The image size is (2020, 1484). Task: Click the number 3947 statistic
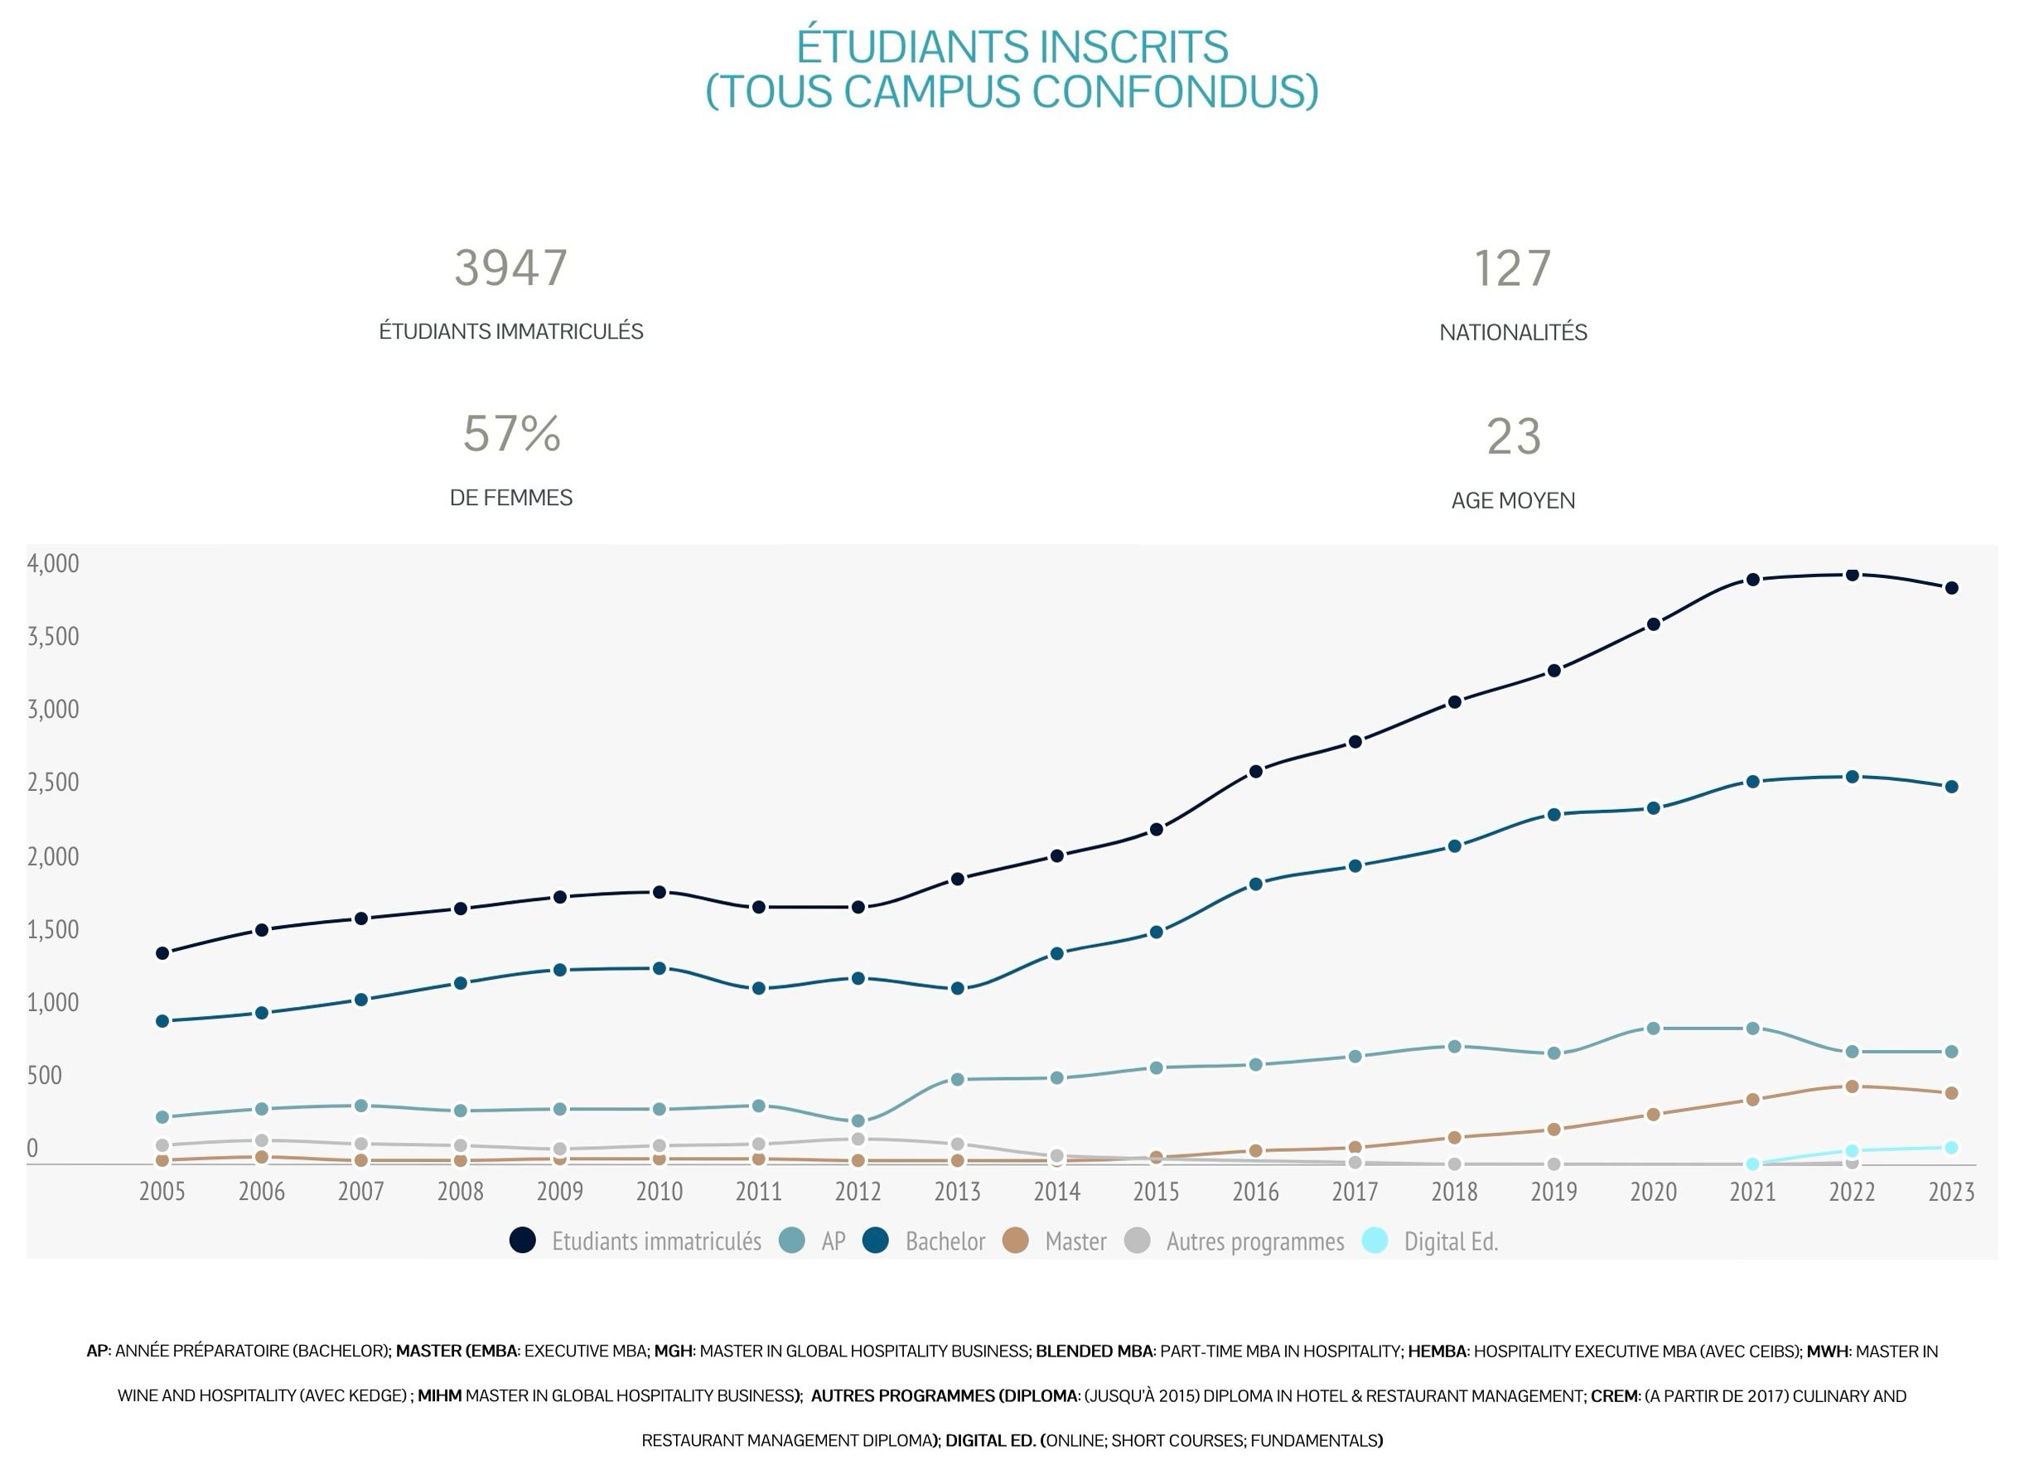click(x=510, y=268)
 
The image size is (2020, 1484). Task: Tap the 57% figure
click(x=511, y=435)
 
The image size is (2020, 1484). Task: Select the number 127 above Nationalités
click(x=1512, y=269)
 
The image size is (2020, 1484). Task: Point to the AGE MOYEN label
click(x=1512, y=500)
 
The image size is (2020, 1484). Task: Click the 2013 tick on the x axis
click(x=957, y=1192)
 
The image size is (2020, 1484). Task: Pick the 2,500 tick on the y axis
click(x=53, y=783)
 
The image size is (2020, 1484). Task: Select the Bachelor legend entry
click(x=945, y=1241)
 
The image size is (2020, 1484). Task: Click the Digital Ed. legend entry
click(x=1450, y=1241)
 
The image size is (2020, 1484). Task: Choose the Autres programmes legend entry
click(x=1254, y=1241)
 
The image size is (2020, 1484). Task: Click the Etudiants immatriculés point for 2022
click(x=1852, y=575)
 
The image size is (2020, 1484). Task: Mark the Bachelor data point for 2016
click(x=1255, y=884)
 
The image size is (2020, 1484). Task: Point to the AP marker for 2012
click(x=858, y=1121)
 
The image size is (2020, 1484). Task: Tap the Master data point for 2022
click(x=1852, y=1086)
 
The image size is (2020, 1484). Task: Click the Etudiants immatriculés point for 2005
click(x=162, y=953)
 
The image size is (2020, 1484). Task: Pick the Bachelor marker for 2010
click(x=660, y=968)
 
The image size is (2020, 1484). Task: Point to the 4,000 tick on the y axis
click(x=53, y=564)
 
